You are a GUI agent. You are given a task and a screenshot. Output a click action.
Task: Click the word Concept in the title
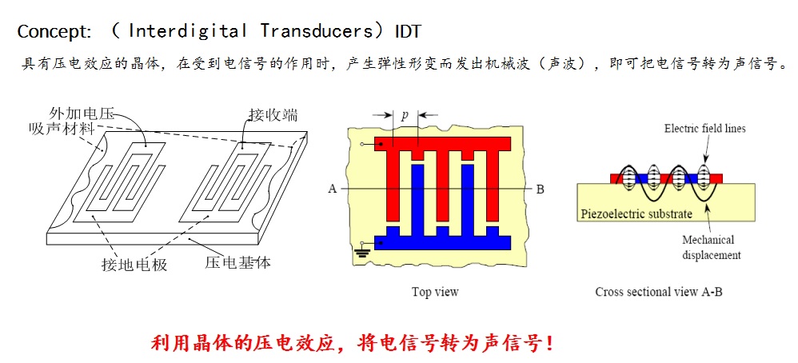pos(54,31)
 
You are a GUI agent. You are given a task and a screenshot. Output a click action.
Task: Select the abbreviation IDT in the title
pos(408,31)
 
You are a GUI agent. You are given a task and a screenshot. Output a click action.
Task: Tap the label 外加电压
pos(82,113)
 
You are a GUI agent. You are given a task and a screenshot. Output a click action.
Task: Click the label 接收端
pos(273,114)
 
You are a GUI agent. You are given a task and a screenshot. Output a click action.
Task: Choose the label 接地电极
pos(134,265)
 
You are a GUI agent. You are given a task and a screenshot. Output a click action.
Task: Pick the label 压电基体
pos(237,263)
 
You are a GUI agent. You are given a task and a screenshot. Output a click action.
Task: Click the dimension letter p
pos(405,114)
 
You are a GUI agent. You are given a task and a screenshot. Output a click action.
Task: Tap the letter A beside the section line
pos(333,189)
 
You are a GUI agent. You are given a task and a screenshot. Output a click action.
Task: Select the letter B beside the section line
pos(541,189)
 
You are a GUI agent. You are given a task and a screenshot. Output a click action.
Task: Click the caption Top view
pos(435,292)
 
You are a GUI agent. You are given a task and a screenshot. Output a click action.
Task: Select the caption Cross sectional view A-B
pos(659,292)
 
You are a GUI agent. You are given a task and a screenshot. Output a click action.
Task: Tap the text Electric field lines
pos(705,128)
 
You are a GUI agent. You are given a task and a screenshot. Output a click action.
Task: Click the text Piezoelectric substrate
pos(636,213)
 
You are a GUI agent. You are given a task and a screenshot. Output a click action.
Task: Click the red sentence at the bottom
pos(352,342)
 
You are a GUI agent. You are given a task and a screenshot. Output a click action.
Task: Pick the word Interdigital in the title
pos(187,31)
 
